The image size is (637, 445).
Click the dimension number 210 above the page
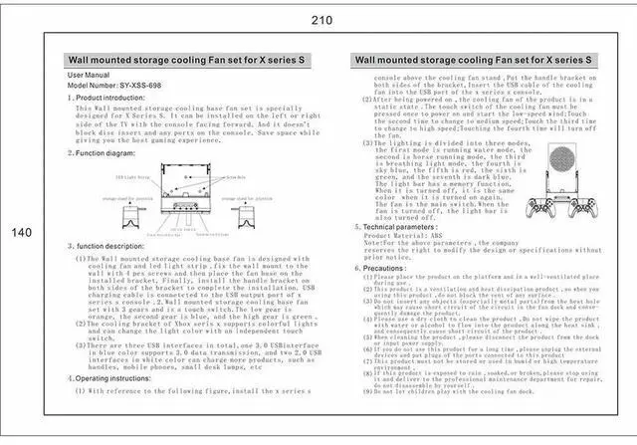point(321,19)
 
